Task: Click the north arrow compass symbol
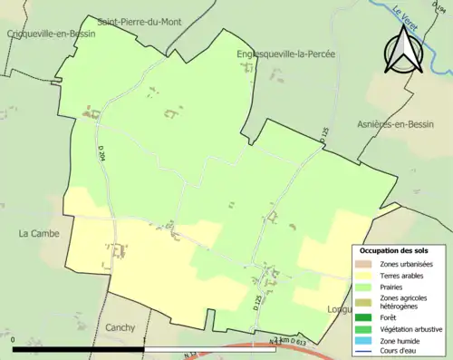(400, 50)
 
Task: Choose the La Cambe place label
(39, 233)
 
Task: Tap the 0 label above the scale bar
(14, 340)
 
